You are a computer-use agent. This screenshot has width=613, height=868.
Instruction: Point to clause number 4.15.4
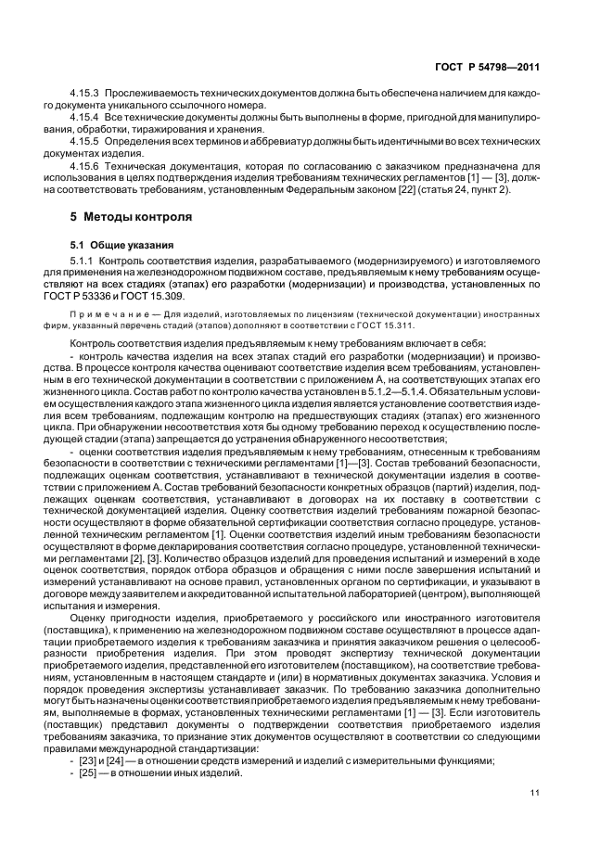point(87,121)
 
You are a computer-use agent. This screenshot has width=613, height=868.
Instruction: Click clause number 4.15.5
point(87,145)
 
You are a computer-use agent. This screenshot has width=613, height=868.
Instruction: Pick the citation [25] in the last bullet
point(90,773)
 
